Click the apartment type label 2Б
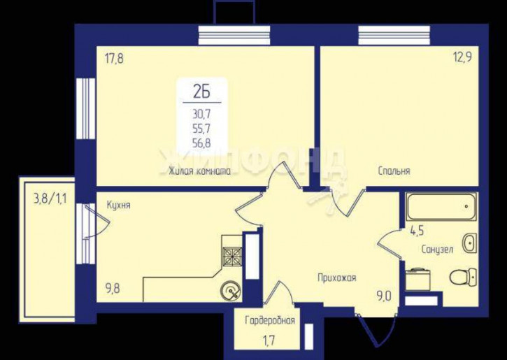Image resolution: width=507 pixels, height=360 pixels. click(x=202, y=92)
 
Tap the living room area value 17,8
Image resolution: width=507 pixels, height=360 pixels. click(x=114, y=59)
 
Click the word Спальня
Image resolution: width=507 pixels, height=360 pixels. click(x=394, y=171)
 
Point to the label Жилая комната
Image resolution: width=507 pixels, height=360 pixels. click(x=199, y=171)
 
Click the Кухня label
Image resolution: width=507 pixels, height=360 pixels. click(x=119, y=206)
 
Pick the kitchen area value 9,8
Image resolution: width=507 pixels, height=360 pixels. click(x=112, y=287)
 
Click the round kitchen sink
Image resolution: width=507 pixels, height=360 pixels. click(x=231, y=291)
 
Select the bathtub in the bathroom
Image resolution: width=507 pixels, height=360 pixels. click(x=442, y=207)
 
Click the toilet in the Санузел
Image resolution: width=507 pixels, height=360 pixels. click(x=464, y=278)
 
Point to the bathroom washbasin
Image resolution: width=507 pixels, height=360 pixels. click(x=469, y=243)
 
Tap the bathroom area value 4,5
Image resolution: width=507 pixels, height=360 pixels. click(x=417, y=231)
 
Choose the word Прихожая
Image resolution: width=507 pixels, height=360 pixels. click(x=336, y=278)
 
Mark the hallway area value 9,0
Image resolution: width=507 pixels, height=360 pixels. click(x=383, y=296)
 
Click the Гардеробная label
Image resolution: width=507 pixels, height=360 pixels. click(x=270, y=320)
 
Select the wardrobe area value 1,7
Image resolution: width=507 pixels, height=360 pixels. click(x=269, y=342)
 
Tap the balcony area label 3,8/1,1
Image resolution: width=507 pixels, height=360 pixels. click(x=50, y=199)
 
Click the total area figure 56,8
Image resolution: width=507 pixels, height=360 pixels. click(x=201, y=143)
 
